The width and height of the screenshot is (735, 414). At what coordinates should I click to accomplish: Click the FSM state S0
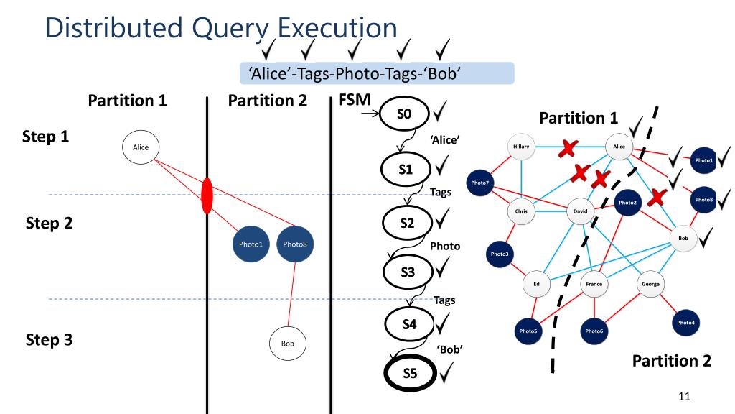point(404,113)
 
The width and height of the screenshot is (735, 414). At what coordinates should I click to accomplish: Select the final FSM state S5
point(408,372)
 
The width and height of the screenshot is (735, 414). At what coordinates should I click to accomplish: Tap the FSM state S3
point(407,271)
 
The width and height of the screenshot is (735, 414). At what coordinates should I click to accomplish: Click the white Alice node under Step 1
point(141,147)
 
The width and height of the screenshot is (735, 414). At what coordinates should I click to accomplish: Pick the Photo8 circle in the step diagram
point(295,244)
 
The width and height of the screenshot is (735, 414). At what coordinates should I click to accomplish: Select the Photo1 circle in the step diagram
point(251,244)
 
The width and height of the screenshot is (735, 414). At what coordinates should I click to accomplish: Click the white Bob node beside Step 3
point(287,344)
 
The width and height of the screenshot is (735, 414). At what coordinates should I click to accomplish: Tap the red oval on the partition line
point(207,196)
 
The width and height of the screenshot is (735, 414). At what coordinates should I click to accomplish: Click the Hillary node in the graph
point(522,147)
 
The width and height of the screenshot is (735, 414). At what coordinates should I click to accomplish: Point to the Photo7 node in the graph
point(480,183)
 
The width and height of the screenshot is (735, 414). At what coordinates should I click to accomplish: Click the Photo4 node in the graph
point(685,323)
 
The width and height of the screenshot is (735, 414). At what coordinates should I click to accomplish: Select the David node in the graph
point(580,211)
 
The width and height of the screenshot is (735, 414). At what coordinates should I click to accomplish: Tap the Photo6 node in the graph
point(594,331)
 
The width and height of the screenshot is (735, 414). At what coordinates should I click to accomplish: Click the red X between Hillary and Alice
point(568,148)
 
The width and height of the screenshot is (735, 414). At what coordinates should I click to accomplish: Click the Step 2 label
point(49,223)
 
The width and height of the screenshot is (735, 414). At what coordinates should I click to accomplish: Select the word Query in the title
point(230,28)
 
